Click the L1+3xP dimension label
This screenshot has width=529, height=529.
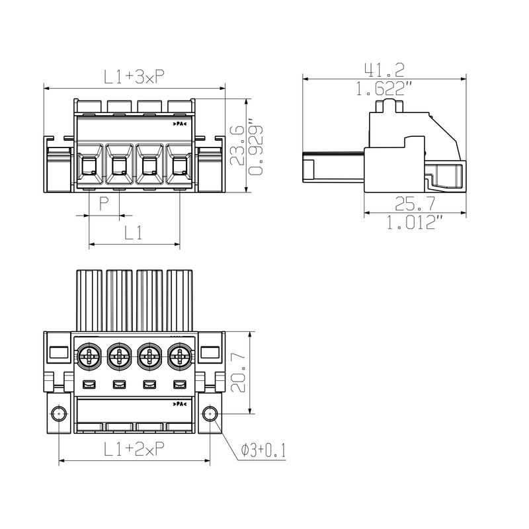(x=134, y=77)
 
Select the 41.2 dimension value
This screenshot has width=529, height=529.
(x=384, y=69)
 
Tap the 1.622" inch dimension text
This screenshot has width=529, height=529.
(x=384, y=89)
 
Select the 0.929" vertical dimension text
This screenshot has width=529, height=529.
(x=255, y=147)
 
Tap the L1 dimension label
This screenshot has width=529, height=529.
(x=134, y=233)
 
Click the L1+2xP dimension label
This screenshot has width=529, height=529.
(x=134, y=450)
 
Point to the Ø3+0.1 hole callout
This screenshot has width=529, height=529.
(x=263, y=450)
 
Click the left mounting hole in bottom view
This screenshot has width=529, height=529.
(x=59, y=415)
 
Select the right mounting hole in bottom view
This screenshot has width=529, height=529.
(x=210, y=415)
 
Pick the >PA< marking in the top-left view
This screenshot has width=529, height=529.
(x=179, y=124)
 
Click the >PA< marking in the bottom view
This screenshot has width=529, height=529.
(x=179, y=404)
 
